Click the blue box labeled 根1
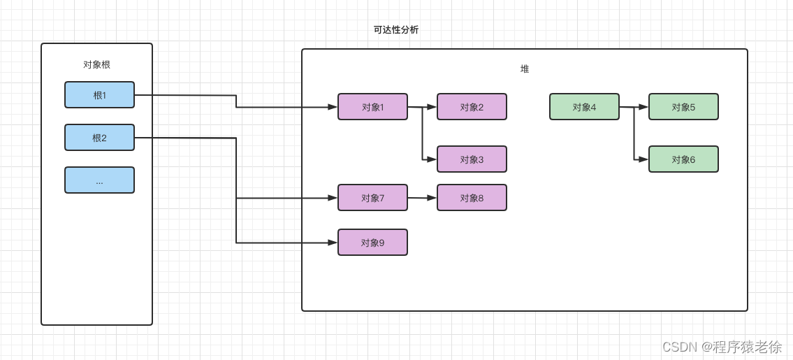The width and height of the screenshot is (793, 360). pos(99,95)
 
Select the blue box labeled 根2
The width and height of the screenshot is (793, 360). pos(99,138)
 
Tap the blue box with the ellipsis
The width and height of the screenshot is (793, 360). pos(99,180)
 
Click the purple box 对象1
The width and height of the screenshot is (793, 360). pos(372,107)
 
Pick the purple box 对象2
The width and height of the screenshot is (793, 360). pos(472,107)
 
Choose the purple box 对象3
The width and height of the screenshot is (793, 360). pos(472,159)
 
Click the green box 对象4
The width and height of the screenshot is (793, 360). pos(584,107)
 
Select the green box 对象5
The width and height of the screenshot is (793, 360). pos(683,107)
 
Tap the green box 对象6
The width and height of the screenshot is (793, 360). pos(683,159)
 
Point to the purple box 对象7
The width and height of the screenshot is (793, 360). pos(372,198)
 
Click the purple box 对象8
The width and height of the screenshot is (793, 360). pos(472,198)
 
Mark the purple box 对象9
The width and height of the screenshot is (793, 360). pos(372,243)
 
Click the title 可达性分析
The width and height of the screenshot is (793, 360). pos(396,30)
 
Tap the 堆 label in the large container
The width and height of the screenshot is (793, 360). pos(525,69)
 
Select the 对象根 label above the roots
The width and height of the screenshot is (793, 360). pos(96,65)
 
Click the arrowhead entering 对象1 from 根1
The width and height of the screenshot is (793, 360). pos(333,107)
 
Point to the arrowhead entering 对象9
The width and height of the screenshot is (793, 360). pos(333,243)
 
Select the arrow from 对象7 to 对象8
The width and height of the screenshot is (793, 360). pos(422,198)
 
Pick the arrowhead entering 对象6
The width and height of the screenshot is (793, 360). pos(643,159)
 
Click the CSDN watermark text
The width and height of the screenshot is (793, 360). pos(721,347)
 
